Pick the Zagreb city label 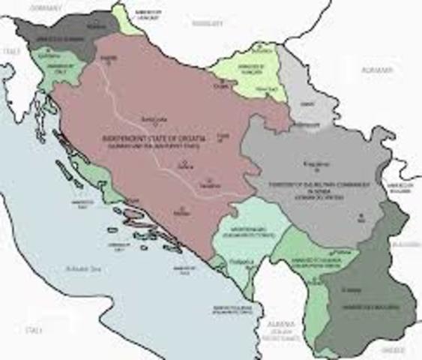pyautogui.click(x=107, y=57)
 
